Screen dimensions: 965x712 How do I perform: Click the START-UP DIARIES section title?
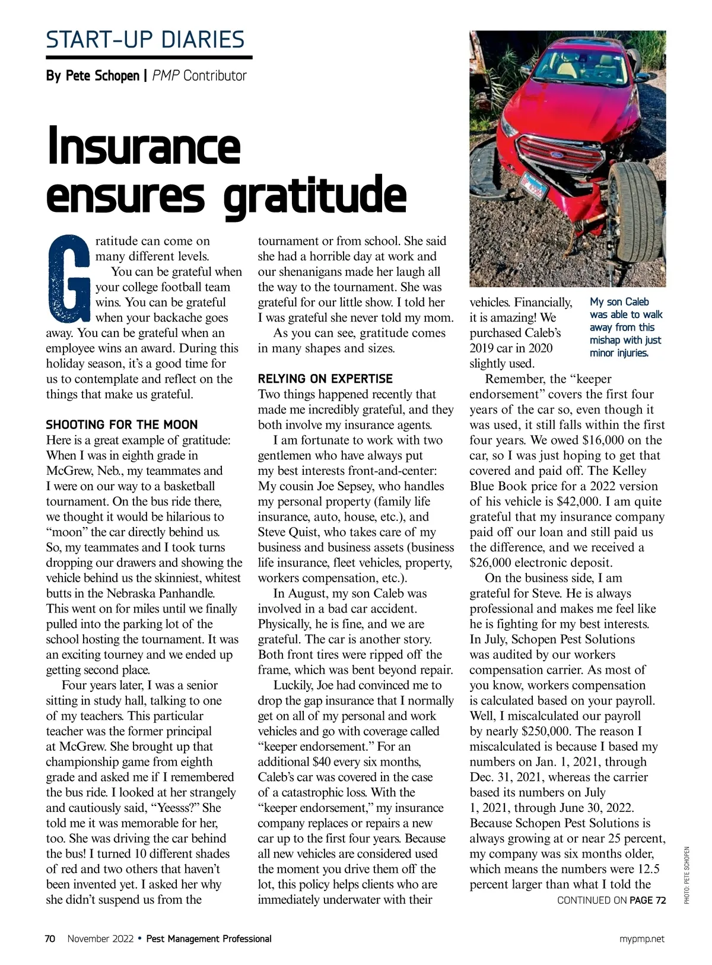click(x=145, y=40)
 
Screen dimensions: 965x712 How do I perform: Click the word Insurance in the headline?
click(x=144, y=146)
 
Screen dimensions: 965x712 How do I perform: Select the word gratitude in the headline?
click(x=315, y=195)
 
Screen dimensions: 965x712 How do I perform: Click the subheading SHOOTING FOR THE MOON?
click(x=122, y=425)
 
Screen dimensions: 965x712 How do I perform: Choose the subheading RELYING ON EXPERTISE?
click(x=325, y=379)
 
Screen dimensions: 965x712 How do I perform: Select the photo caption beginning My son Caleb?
click(x=625, y=328)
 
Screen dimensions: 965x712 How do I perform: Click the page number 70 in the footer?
click(x=50, y=939)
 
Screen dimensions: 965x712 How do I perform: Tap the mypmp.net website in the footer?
click(x=642, y=939)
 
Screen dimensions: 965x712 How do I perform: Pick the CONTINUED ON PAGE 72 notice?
click(x=611, y=900)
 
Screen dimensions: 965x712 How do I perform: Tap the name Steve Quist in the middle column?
click(x=288, y=532)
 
